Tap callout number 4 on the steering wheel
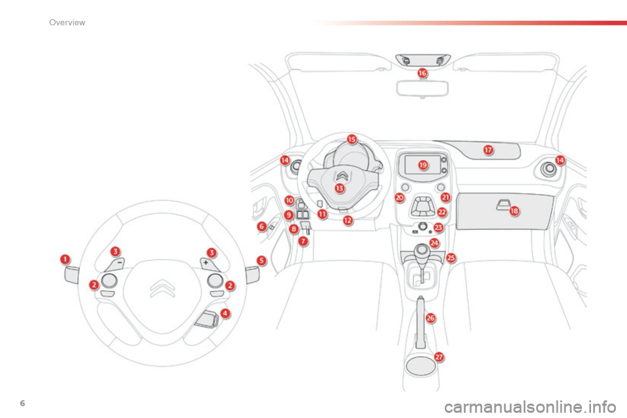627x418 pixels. pos(225,313)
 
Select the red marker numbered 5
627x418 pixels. pos(261,260)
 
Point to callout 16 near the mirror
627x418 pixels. pos(423,74)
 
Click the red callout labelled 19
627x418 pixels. pos(423,165)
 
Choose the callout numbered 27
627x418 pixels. pos(439,357)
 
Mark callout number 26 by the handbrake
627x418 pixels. pos(430,317)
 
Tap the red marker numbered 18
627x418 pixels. pos(515,211)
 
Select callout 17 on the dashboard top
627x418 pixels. pos(488,150)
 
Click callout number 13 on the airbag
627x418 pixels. pos(340,188)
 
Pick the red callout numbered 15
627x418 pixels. pos(351,139)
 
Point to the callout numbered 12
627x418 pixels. pos(347,221)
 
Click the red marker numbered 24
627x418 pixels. pos(434,242)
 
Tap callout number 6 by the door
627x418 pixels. pos(261,226)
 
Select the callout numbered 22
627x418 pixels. pos(442,212)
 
